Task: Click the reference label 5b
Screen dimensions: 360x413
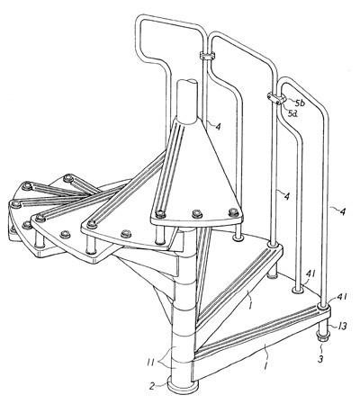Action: click(x=299, y=103)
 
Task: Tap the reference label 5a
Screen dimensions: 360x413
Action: click(x=292, y=113)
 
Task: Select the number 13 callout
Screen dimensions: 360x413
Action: click(x=341, y=326)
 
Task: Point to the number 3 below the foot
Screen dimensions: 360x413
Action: click(x=320, y=358)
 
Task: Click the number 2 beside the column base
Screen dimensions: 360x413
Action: click(x=152, y=385)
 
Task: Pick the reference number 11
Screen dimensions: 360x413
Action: click(x=150, y=363)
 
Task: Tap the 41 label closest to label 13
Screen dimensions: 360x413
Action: click(x=340, y=297)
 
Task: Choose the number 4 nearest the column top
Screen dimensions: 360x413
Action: click(x=218, y=127)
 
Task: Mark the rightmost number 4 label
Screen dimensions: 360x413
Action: click(x=342, y=211)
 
